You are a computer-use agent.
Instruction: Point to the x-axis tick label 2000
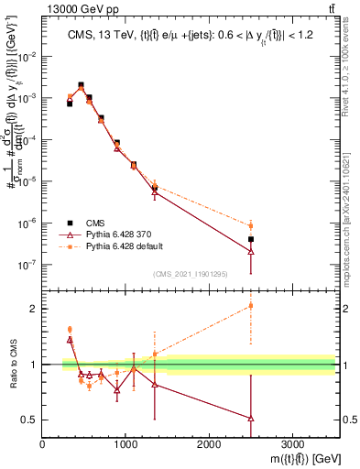point(209,443)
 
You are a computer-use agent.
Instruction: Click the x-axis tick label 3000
point(292,443)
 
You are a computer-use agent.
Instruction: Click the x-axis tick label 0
point(43,443)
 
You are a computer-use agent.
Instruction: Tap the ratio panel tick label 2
point(34,309)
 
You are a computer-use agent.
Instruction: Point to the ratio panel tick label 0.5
point(29,420)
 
